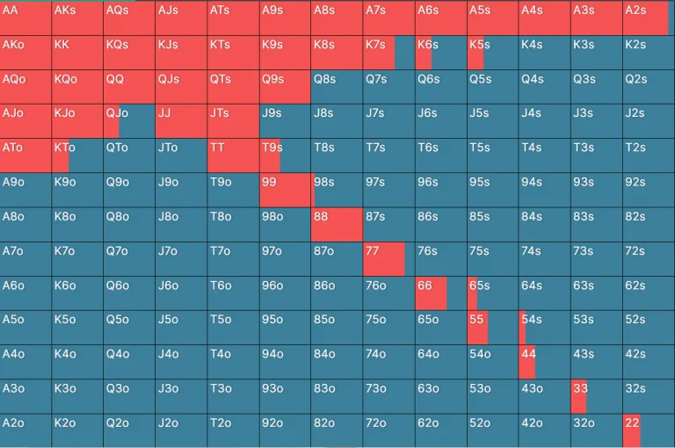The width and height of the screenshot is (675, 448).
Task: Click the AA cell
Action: (25, 18)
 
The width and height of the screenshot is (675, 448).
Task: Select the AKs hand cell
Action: (77, 18)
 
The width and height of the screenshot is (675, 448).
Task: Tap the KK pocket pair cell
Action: (77, 53)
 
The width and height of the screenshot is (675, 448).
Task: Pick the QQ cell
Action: (129, 87)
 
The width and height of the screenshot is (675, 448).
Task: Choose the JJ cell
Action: (181, 121)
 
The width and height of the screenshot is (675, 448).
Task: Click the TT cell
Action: (233, 155)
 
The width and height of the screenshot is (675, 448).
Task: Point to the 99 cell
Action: (285, 190)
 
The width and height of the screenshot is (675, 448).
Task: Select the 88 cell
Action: (337, 224)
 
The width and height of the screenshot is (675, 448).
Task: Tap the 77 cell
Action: (388, 258)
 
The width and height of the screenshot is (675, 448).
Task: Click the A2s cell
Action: (648, 18)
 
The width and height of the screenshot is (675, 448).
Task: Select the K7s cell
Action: (388, 53)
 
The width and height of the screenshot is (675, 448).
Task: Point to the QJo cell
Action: (129, 121)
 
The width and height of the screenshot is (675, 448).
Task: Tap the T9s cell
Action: (285, 155)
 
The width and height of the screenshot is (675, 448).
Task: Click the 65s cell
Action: (492, 293)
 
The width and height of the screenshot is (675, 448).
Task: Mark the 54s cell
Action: (544, 327)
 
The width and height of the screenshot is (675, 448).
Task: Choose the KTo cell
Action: (77, 155)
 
